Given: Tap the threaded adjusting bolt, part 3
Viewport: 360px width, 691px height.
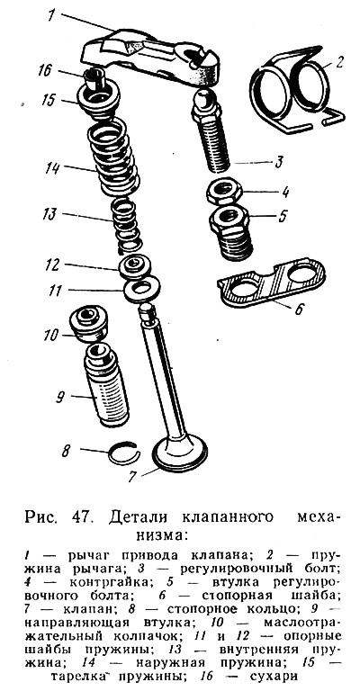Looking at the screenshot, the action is (x=211, y=132).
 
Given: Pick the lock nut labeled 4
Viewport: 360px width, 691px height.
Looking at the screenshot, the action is (x=224, y=190).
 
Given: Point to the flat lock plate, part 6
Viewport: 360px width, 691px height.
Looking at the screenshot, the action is (x=272, y=282).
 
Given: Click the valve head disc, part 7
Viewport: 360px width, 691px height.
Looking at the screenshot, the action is (x=179, y=453).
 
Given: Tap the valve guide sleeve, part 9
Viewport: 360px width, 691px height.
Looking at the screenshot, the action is (x=106, y=385).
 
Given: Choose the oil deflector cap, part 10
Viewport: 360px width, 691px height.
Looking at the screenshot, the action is (x=88, y=324).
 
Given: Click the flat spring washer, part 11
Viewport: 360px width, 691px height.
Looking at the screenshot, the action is (x=141, y=289).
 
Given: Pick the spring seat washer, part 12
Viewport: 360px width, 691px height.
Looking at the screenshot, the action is (x=136, y=265).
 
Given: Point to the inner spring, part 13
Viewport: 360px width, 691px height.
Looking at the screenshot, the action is (x=127, y=225).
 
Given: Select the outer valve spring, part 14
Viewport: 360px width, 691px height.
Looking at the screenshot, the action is (x=113, y=157).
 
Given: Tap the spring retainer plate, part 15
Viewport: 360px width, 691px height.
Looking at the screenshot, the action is (x=98, y=102).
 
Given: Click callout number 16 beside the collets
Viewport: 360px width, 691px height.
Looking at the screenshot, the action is (x=44, y=71).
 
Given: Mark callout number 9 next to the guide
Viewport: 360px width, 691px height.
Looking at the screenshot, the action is (x=61, y=398).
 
